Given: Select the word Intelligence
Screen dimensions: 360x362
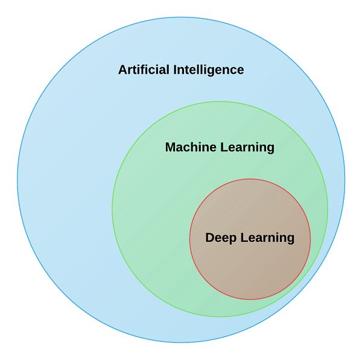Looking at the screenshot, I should (x=208, y=70).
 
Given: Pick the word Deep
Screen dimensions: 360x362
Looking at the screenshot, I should (x=221, y=238).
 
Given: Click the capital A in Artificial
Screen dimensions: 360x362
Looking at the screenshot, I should (x=122, y=70).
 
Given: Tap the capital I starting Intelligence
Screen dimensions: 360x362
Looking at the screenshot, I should (x=175, y=70).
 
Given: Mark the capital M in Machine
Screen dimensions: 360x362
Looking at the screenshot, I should (x=170, y=147).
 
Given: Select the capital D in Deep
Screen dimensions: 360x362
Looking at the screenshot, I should (x=210, y=238).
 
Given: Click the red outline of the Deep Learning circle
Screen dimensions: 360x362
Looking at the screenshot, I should (x=250, y=179).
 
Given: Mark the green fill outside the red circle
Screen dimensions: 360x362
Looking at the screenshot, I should (x=151, y=229).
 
